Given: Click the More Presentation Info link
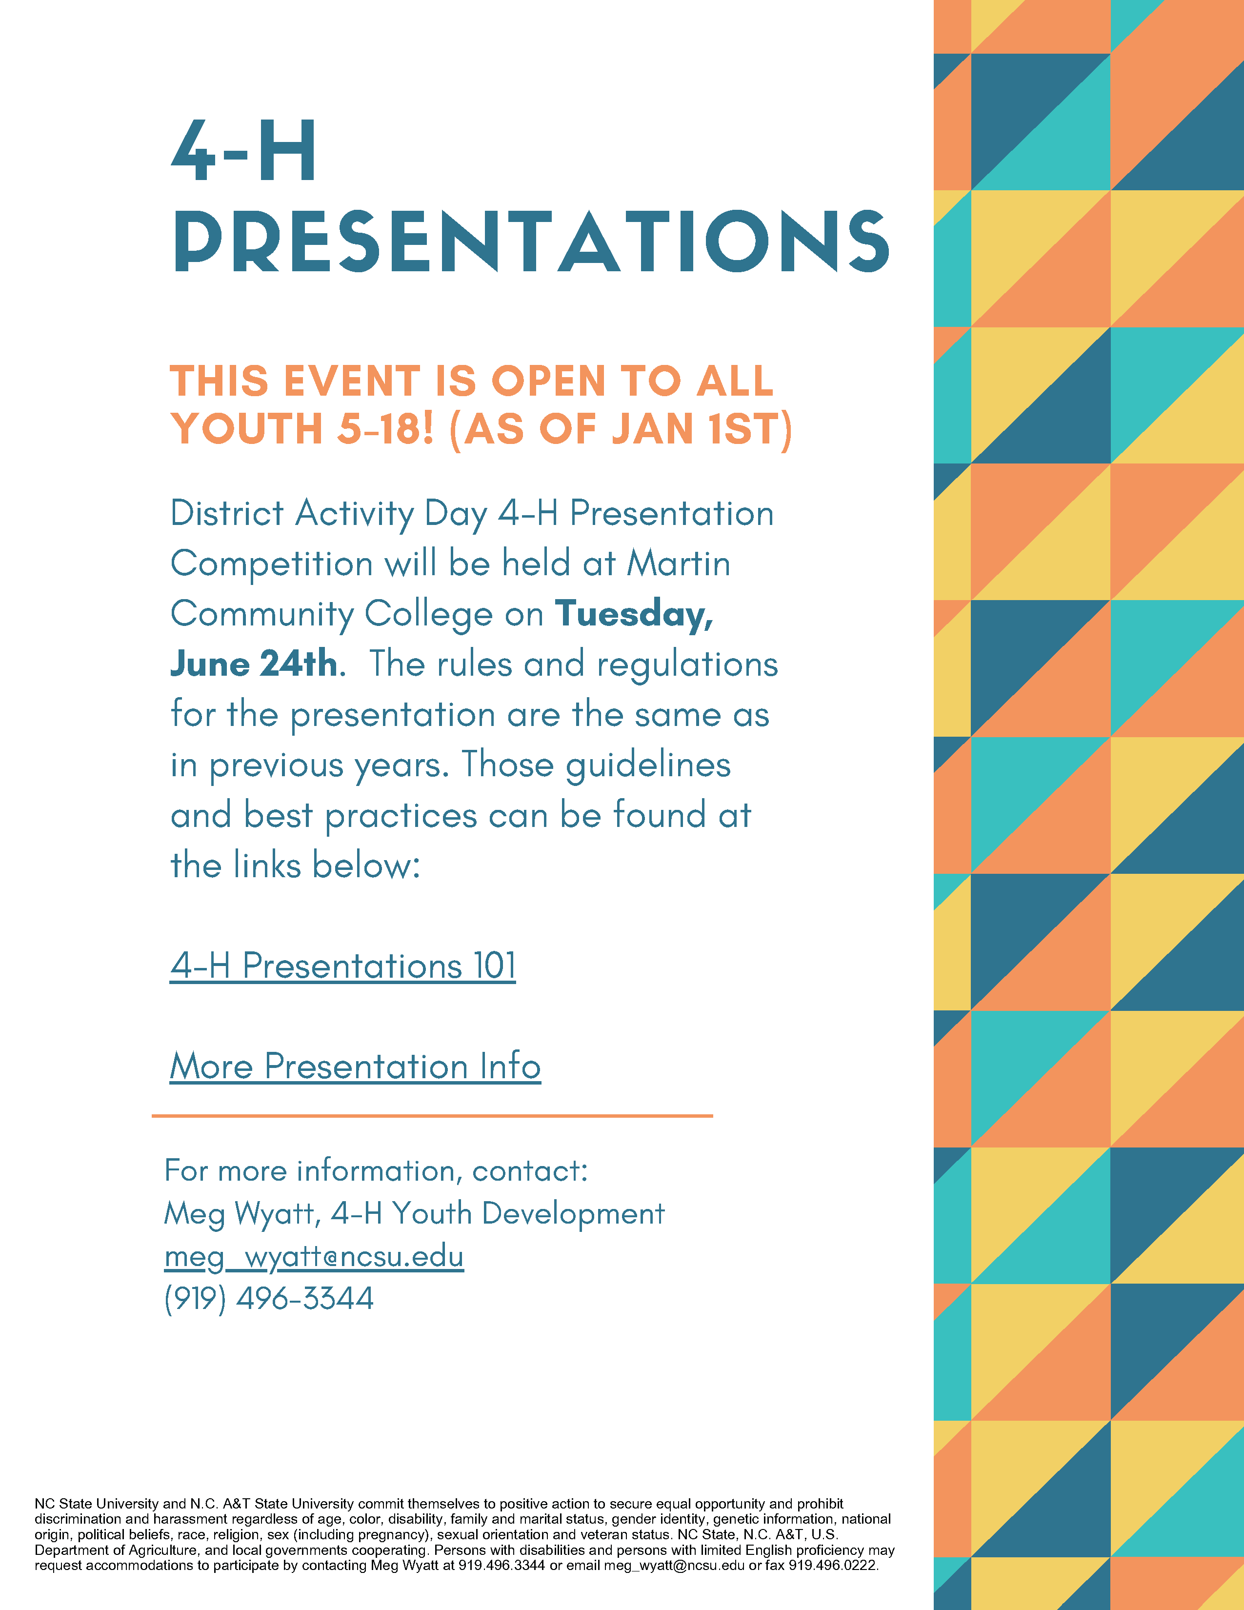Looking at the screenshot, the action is pos(355,1066).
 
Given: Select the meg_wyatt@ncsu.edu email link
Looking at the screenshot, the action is pos(314,1256).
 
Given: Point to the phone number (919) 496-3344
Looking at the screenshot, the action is pos(269,1298).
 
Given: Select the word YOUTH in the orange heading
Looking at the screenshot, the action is pos(247,429).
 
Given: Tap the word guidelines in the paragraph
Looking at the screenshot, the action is pos(648,765).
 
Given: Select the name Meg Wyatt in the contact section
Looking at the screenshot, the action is pos(241,1214).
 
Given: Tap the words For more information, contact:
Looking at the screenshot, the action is pos(376,1170).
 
